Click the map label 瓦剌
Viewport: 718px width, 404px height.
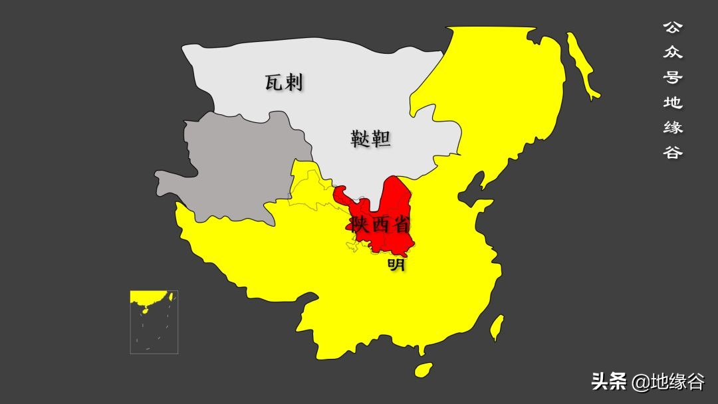284,82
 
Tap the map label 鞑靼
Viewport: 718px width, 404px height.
370,139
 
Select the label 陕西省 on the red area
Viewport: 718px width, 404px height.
382,225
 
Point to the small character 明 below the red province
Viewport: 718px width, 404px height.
396,265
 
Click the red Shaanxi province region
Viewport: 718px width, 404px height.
392,199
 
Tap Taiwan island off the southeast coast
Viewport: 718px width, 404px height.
496,327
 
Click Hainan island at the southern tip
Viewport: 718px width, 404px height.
423,369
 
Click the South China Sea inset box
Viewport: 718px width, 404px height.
154,322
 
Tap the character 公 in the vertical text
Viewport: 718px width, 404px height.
673,27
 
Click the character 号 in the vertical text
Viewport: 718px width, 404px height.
673,77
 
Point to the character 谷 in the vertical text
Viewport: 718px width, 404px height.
673,151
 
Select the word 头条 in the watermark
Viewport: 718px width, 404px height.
609,381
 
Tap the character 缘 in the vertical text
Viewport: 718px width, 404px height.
673,127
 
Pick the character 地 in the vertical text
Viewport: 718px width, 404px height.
673,102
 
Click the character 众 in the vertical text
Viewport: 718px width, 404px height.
673,52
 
